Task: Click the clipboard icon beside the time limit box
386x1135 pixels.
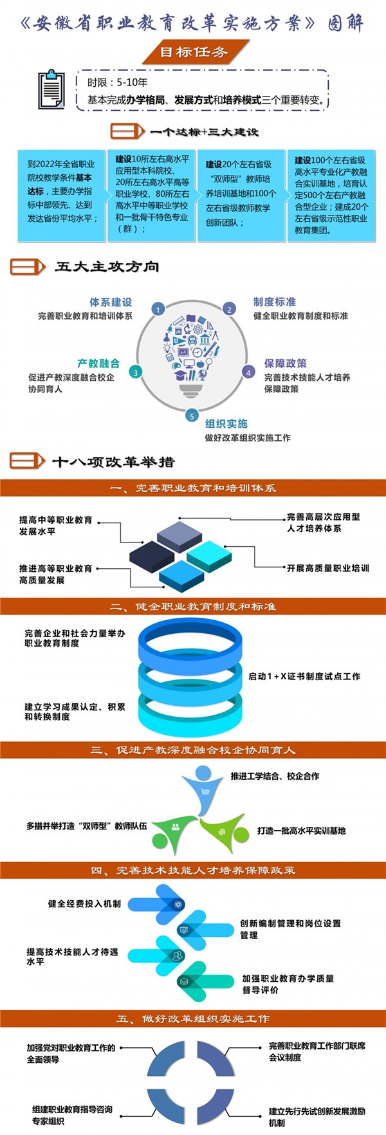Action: point(51,89)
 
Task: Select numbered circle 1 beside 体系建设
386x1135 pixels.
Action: point(158,309)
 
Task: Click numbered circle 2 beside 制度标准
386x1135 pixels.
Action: point(229,309)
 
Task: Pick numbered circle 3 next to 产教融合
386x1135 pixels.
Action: point(135,372)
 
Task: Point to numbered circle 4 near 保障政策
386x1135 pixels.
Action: point(249,373)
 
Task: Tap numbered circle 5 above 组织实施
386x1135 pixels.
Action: point(192,416)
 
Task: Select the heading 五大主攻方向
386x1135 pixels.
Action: point(107,266)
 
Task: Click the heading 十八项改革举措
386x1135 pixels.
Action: point(114,461)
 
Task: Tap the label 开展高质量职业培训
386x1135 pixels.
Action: point(328,568)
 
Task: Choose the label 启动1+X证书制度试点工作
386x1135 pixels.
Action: point(304,676)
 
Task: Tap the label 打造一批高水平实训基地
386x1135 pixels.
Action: point(302,831)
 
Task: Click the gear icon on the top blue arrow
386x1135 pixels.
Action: point(178,904)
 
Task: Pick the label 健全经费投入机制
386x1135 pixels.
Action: point(84,903)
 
